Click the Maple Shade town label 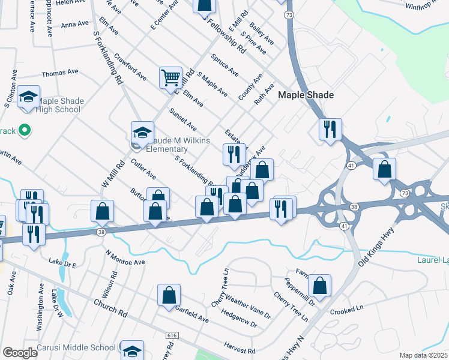pyautogui.click(x=306, y=95)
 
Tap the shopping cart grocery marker pyautogui.click(x=170, y=77)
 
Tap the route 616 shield pyautogui.click(x=172, y=334)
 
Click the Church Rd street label pyautogui.click(x=110, y=308)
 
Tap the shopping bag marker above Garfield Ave pyautogui.click(x=169, y=295)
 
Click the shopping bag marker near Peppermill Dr pyautogui.click(x=320, y=286)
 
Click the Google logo pyautogui.click(x=19, y=353)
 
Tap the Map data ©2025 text pyautogui.click(x=423, y=355)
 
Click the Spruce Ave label pyautogui.click(x=224, y=65)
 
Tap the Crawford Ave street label pyautogui.click(x=130, y=68)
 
